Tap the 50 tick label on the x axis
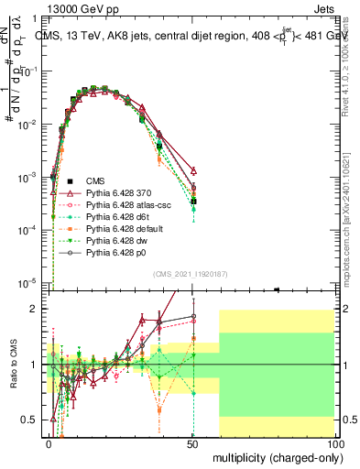click(x=191, y=442)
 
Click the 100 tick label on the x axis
click(x=333, y=442)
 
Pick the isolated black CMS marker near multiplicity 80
click(x=277, y=289)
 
